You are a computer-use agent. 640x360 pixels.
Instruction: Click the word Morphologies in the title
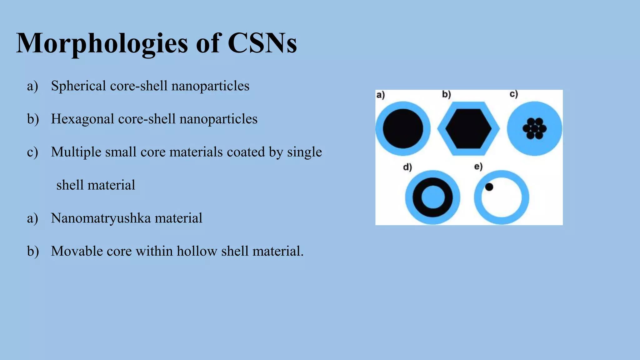click(x=102, y=44)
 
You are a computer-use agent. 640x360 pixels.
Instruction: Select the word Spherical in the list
click(x=78, y=86)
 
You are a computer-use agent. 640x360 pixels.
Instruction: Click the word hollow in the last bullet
click(x=197, y=251)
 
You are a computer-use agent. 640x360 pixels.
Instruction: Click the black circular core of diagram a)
click(x=403, y=128)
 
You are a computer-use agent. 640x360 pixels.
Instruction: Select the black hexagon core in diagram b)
click(x=468, y=128)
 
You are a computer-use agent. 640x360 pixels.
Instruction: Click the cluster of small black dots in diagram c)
click(x=534, y=128)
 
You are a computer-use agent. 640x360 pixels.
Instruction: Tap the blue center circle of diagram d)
click(x=432, y=197)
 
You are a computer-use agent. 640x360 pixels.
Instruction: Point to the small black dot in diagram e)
click(x=489, y=187)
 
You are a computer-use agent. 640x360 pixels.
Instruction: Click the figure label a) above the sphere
click(x=380, y=95)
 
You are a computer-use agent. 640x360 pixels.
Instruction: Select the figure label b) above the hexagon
click(x=446, y=94)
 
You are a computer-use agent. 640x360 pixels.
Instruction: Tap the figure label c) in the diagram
click(x=514, y=94)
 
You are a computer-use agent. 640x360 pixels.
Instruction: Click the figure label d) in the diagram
click(x=407, y=167)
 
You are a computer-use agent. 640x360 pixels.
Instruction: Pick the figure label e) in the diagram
click(x=478, y=167)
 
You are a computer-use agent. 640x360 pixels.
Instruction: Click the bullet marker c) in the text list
click(x=32, y=152)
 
